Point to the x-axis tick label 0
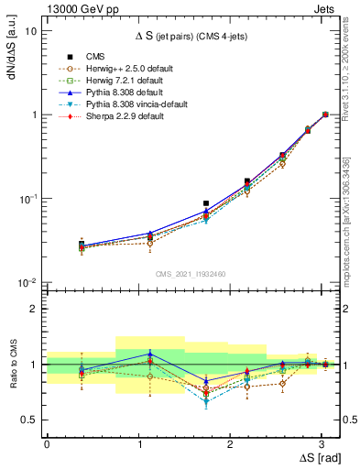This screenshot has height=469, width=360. pos(47,443)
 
